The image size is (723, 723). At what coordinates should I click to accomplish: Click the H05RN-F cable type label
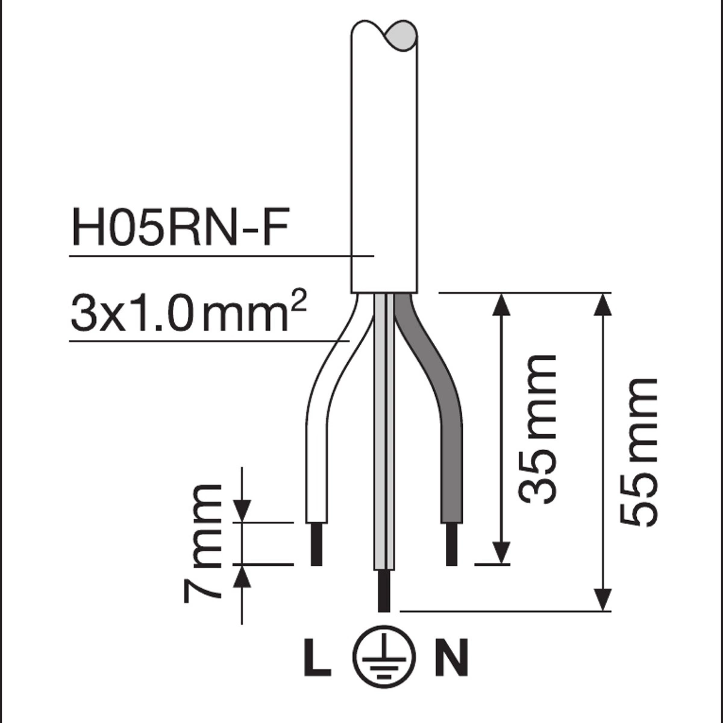[x=180, y=229]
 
